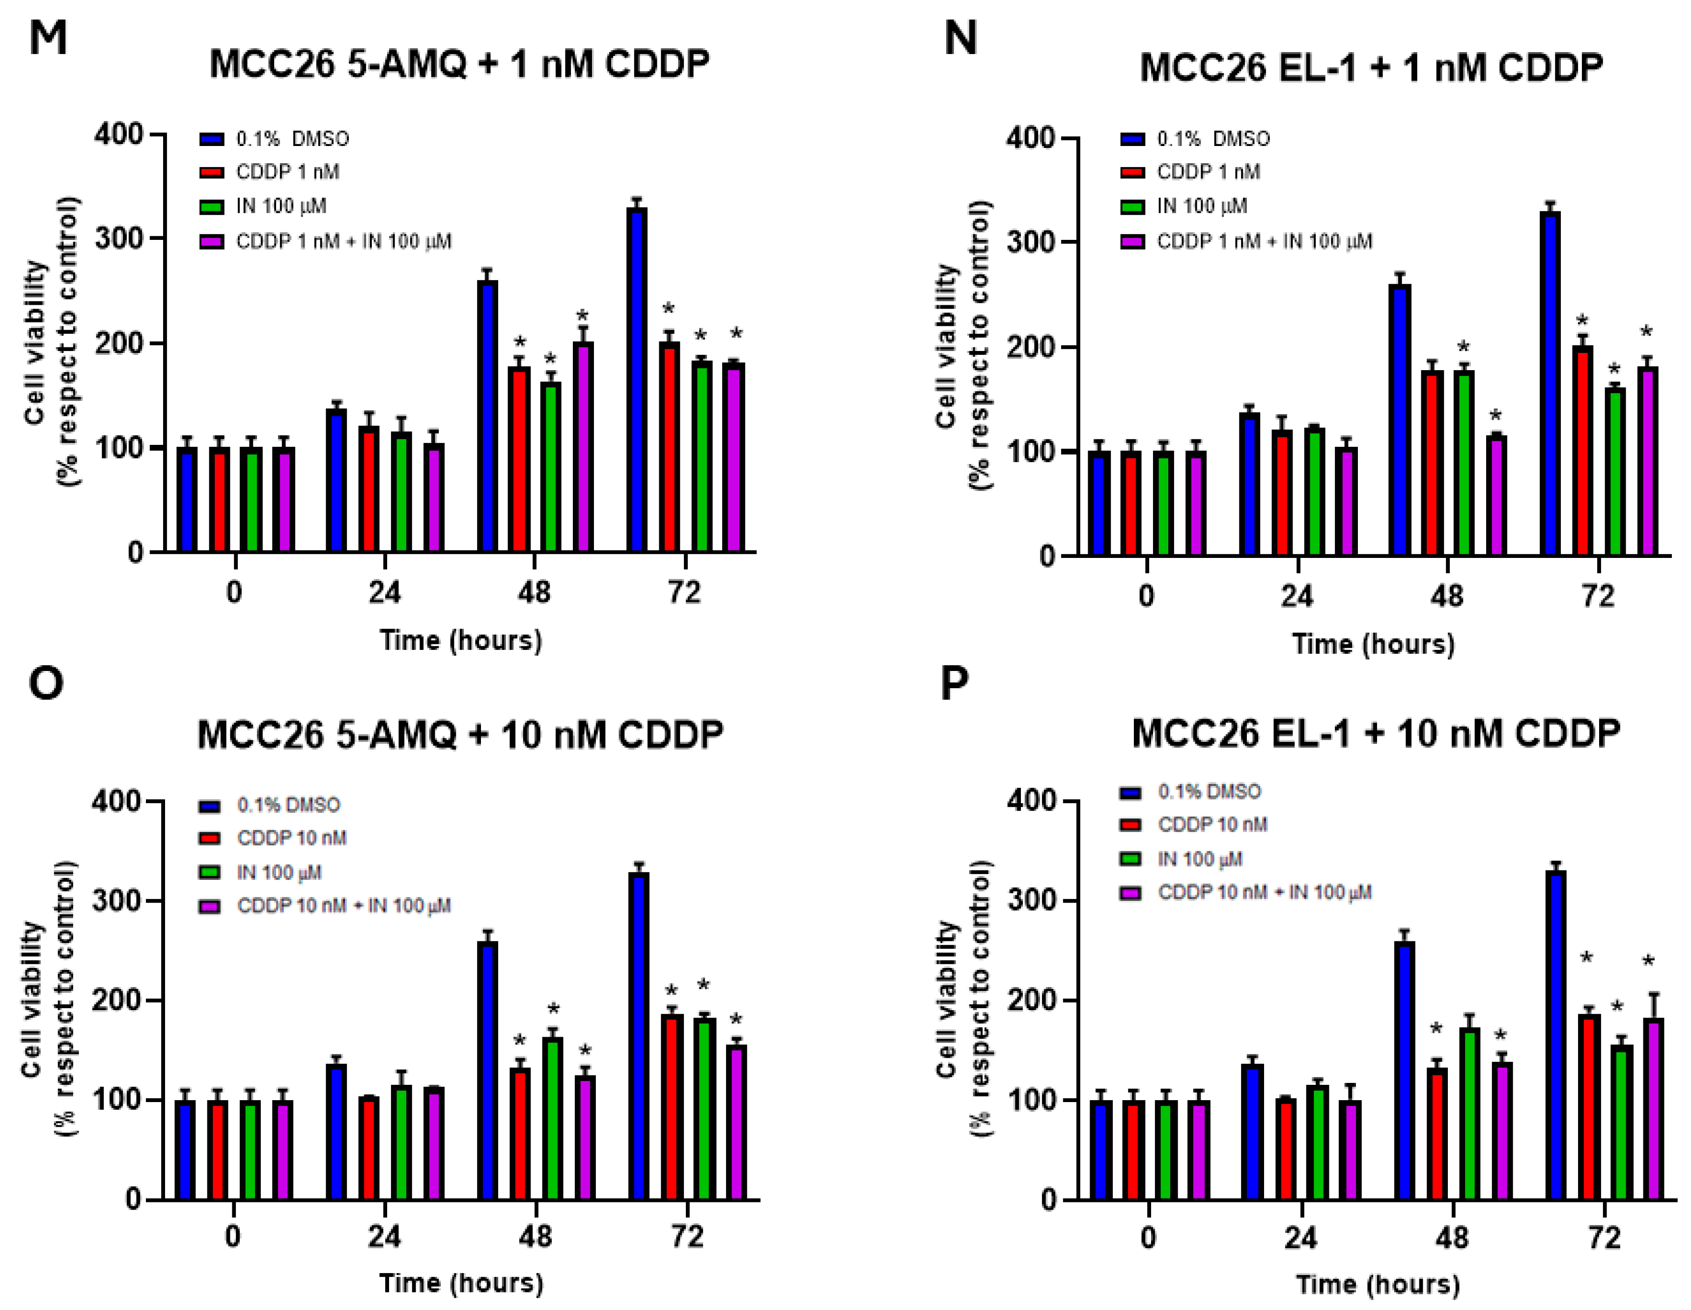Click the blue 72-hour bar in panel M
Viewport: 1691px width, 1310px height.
(637, 379)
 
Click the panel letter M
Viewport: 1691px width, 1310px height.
(48, 37)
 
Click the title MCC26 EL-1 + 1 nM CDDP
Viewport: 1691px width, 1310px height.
(1371, 68)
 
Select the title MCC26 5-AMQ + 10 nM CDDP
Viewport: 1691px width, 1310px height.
(460, 734)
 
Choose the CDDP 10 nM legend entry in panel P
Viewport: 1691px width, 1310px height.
(1212, 825)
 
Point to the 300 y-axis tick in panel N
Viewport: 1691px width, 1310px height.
(1030, 242)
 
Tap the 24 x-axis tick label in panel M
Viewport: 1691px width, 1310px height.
(384, 593)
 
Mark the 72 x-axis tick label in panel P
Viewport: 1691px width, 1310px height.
(1604, 1237)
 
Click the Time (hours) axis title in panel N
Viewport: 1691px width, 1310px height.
(1373, 644)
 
